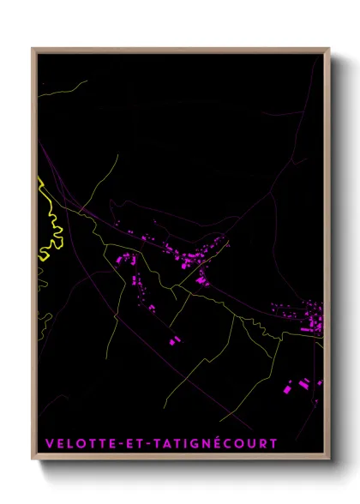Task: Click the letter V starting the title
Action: click(48, 443)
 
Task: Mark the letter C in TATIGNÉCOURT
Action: click(227, 443)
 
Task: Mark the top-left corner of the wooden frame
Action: click(33, 48)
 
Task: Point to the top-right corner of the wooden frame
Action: click(329, 48)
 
